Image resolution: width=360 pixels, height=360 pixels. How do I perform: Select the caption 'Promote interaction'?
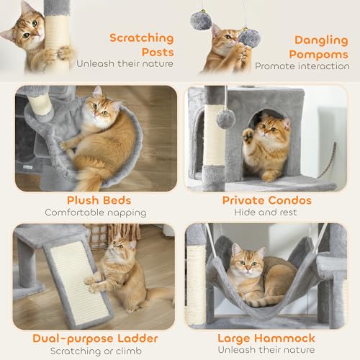click(x=302, y=66)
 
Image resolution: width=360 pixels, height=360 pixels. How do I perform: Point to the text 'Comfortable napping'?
click(x=94, y=212)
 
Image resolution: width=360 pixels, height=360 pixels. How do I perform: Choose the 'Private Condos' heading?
click(x=266, y=200)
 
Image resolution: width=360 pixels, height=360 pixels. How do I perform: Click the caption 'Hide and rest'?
click(x=266, y=212)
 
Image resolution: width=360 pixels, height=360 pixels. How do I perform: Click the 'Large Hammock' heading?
click(x=266, y=338)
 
